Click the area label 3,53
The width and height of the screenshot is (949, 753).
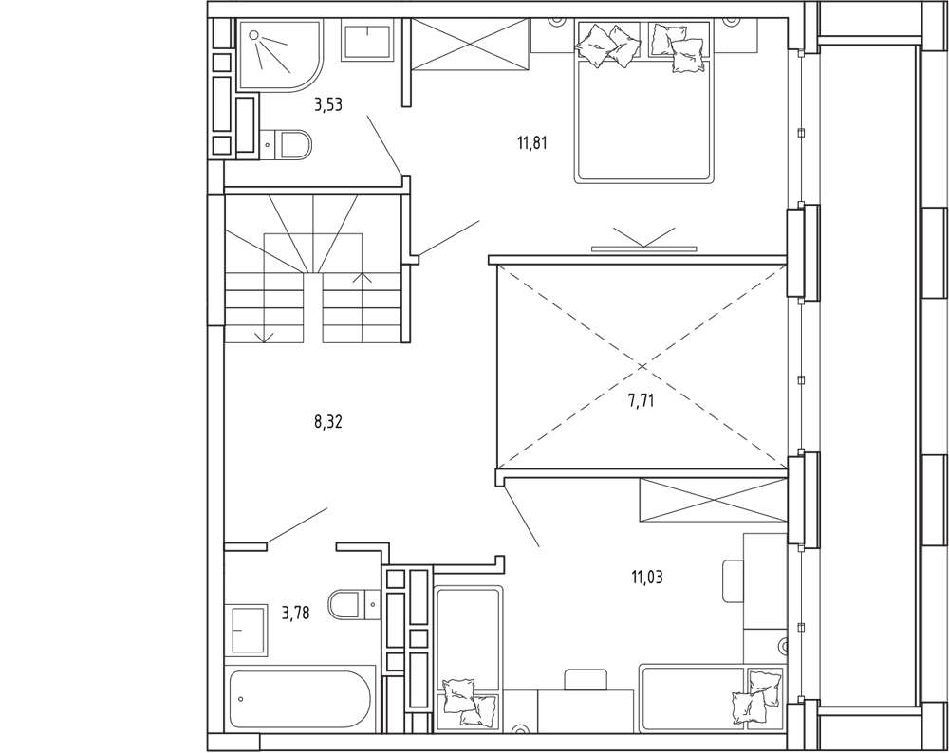(328, 105)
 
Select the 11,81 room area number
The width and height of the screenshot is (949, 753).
(532, 144)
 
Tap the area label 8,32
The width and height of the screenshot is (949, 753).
(328, 422)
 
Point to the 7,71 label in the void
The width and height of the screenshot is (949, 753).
(641, 400)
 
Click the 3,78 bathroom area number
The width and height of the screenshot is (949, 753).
(296, 614)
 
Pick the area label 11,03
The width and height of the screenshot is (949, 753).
(647, 578)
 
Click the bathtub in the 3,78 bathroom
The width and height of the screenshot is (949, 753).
(300, 699)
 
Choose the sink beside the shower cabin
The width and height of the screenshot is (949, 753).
(368, 39)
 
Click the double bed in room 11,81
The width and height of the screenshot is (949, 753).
(643, 101)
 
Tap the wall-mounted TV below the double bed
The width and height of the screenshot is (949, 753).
(643, 248)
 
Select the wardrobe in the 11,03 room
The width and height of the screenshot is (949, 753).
(714, 500)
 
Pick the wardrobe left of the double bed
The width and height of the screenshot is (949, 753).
(471, 44)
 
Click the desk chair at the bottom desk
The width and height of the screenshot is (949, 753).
(586, 679)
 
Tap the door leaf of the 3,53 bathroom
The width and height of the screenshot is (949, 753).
(384, 145)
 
